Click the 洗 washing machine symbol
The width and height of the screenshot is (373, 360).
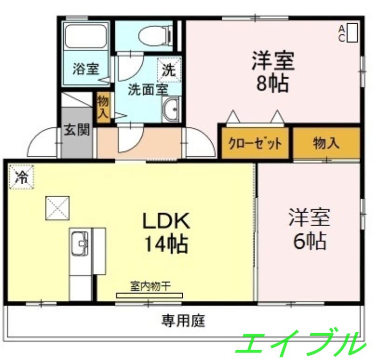(168, 69)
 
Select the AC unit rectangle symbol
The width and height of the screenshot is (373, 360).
(352, 33)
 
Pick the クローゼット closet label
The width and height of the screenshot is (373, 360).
(255, 143)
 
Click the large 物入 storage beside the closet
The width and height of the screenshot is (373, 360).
(326, 143)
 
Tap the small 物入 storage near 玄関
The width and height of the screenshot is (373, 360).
(103, 107)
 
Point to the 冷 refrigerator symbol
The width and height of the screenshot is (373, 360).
(21, 177)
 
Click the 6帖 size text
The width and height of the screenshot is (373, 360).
(309, 241)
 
